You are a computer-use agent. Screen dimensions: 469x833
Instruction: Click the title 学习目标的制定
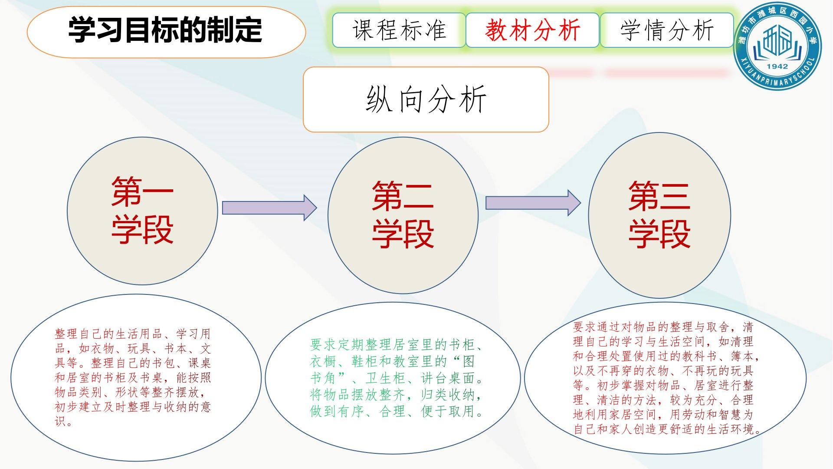[x=165, y=30]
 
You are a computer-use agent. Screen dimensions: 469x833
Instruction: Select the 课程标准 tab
[x=399, y=30]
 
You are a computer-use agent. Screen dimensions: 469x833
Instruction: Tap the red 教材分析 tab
[x=532, y=30]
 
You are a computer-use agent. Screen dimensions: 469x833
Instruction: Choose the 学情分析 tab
[x=667, y=30]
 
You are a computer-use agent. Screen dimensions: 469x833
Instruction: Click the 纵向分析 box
[x=426, y=99]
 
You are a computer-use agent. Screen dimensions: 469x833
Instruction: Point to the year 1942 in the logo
[x=777, y=66]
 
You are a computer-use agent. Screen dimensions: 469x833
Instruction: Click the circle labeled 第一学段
[x=142, y=211]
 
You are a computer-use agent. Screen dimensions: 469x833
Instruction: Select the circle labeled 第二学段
[x=403, y=215]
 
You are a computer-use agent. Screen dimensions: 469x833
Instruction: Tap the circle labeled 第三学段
[x=659, y=215]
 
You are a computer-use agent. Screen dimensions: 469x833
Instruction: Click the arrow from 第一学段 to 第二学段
[x=269, y=208]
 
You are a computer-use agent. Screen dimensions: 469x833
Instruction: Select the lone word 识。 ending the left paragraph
[x=63, y=421]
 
